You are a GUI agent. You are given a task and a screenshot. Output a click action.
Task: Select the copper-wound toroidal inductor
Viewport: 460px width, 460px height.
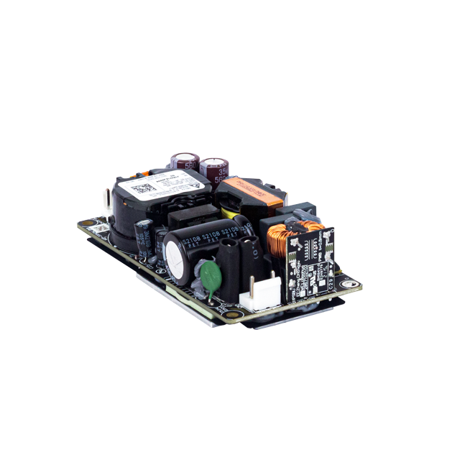point(281,240)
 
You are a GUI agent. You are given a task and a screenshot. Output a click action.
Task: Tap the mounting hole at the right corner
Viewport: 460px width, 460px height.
point(351,285)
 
